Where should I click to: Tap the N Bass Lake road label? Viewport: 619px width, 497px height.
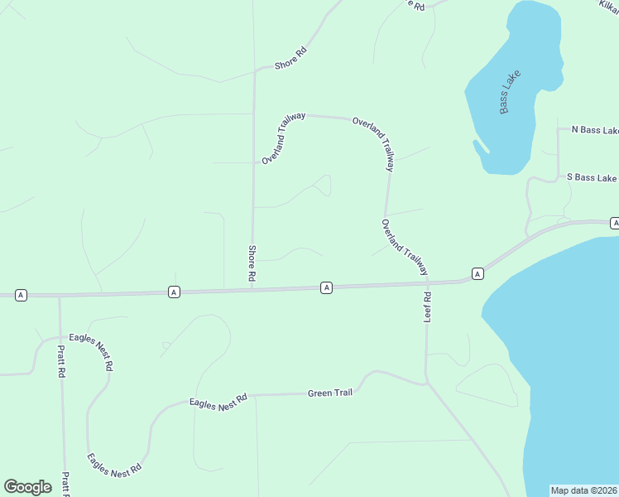595,130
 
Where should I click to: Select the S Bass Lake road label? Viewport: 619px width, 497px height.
591,178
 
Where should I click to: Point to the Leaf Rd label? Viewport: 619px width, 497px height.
428,307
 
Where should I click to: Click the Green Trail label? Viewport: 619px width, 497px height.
330,393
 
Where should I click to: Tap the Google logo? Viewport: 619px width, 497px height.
27,487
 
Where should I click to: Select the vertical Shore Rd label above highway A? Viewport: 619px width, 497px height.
252,262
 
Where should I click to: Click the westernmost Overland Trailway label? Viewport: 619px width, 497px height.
284,138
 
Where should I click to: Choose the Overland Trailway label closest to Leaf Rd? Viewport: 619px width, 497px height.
405,247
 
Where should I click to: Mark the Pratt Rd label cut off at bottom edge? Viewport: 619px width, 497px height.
65,485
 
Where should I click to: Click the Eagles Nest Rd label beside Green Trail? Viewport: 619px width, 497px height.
218,403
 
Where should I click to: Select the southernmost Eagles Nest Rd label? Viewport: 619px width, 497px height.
114,464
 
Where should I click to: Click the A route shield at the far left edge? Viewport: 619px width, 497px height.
21,295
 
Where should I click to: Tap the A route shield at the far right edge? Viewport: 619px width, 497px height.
615,224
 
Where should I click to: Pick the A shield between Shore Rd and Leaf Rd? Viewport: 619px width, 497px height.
327,287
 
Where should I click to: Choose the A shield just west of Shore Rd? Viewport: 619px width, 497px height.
173,292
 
